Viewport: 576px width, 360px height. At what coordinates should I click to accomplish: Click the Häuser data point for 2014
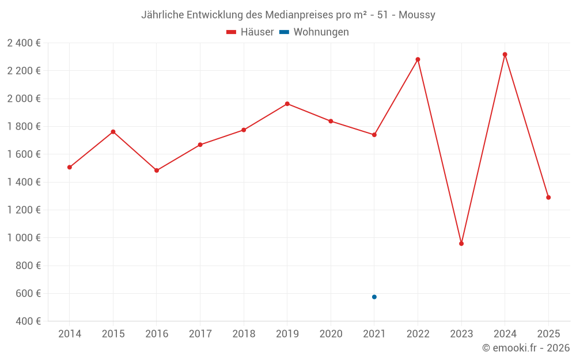(x=70, y=167)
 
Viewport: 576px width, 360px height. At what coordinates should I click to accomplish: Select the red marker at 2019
(x=287, y=104)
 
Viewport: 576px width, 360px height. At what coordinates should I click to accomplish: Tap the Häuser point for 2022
(x=418, y=59)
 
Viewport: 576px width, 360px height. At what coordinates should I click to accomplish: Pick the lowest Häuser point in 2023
(x=461, y=244)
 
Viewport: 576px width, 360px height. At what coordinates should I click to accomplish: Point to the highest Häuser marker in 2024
(x=505, y=55)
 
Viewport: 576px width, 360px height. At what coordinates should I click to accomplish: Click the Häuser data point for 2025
(x=548, y=198)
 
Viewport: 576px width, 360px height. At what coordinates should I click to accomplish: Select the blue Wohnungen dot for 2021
(x=374, y=297)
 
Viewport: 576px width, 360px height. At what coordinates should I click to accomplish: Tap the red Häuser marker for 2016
(x=157, y=170)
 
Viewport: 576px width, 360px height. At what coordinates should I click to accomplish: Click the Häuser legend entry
(x=251, y=32)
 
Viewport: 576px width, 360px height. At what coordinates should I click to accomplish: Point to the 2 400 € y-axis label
(x=24, y=43)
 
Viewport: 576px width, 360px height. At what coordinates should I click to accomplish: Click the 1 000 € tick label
(x=24, y=238)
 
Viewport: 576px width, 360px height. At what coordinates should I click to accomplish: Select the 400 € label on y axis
(x=28, y=321)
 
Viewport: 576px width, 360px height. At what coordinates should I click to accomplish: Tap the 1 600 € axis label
(x=24, y=154)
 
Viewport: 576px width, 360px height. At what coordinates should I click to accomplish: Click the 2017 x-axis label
(x=200, y=334)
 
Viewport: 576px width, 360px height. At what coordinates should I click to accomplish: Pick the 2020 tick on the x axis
(x=331, y=334)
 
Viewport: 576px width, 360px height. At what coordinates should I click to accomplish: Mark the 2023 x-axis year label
(x=461, y=334)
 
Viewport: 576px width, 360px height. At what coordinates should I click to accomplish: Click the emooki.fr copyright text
(x=526, y=348)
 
